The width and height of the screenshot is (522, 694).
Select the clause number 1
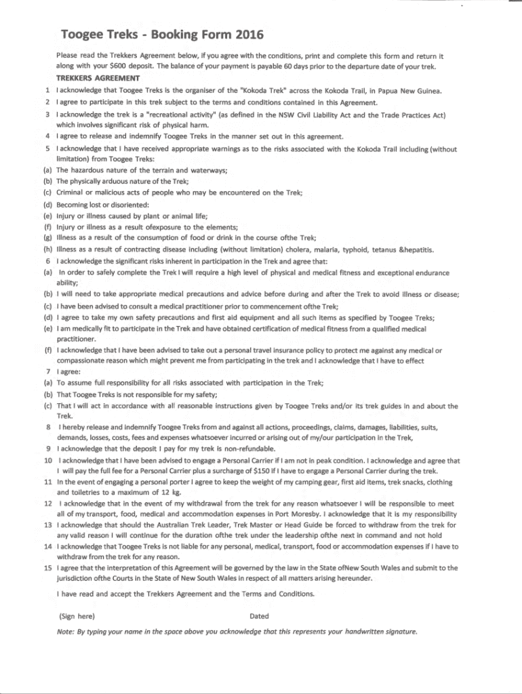[47, 91]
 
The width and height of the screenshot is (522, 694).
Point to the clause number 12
[47, 504]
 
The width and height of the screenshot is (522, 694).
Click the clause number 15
[47, 569]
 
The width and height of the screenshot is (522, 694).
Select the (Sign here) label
[77, 617]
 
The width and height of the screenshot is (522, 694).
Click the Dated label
[259, 617]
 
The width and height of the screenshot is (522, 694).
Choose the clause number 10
[47, 461]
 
